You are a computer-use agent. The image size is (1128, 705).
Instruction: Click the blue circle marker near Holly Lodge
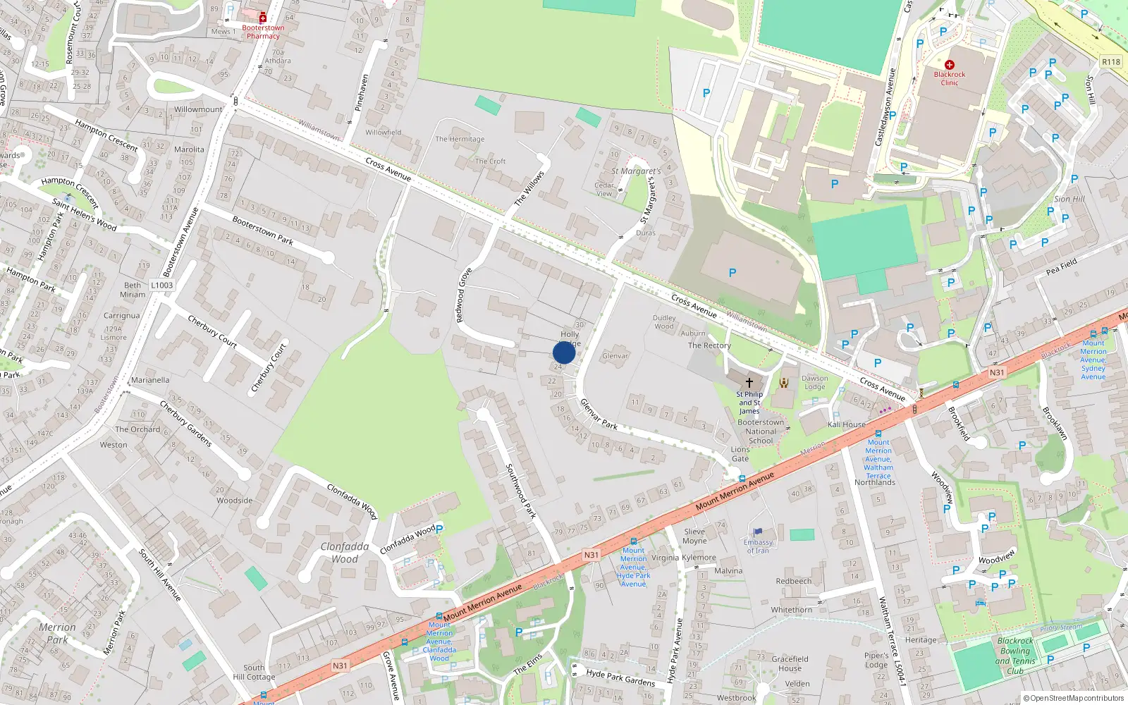(564, 352)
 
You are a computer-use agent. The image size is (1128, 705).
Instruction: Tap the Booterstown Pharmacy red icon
(263, 18)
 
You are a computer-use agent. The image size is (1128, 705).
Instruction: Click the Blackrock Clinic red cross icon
(950, 65)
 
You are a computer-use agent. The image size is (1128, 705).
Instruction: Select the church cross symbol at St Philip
(749, 382)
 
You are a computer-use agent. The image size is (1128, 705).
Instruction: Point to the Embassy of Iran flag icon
(758, 532)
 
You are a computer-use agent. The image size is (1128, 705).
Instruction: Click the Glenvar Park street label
(599, 415)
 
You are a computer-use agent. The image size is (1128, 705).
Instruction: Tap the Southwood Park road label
(521, 491)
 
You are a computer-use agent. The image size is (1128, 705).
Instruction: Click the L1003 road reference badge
(161, 286)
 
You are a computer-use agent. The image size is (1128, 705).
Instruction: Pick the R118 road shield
(1111, 62)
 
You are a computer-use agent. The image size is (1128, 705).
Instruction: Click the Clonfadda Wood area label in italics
(345, 553)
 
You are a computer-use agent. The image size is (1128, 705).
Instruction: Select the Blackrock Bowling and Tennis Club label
(1015, 656)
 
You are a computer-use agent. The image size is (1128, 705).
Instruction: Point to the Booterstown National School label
(761, 431)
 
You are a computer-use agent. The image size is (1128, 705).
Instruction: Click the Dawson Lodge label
(814, 382)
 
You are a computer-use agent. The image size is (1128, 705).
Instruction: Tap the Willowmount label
(198, 109)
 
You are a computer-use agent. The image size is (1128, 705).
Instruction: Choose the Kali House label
(847, 424)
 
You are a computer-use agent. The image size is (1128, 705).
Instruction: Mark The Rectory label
(709, 345)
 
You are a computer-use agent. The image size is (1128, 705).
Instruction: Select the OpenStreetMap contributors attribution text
(1073, 698)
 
